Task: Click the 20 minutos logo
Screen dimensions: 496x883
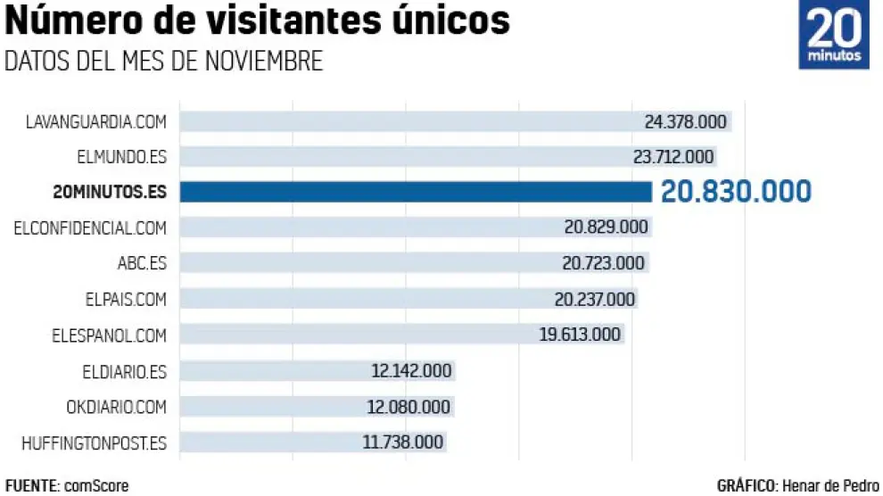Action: pos(834,37)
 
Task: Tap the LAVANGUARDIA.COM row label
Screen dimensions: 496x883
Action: pos(96,121)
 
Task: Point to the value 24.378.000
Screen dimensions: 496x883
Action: pos(685,121)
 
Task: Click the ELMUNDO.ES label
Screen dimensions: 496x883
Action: pos(121,157)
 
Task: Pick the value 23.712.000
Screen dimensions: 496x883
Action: pos(673,157)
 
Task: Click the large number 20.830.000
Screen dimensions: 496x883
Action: pos(736,191)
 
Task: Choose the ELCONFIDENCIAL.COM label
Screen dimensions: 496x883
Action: pos(90,227)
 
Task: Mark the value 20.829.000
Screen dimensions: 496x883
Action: pos(606,227)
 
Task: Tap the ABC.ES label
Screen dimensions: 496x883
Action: pos(142,263)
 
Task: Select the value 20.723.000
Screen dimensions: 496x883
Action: pos(603,263)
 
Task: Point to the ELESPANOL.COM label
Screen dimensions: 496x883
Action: pos(110,335)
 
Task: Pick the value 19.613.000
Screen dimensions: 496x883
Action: pos(581,335)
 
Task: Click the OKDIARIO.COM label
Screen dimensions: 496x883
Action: pos(116,407)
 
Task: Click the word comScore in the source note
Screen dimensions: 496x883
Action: pos(96,486)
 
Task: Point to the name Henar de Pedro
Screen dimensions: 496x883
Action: pos(829,486)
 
